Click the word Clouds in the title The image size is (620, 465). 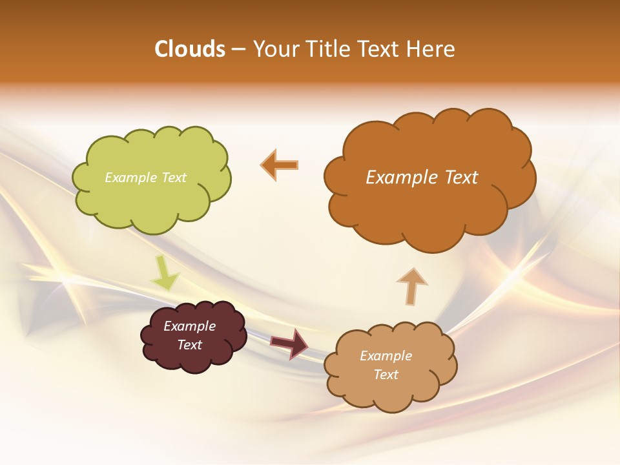coord(190,49)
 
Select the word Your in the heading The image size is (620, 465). coord(275,49)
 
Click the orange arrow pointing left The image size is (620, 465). coord(280,165)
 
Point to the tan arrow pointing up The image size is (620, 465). coord(411,286)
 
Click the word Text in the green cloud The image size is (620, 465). coord(173,178)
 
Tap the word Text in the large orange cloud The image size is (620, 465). coord(461,178)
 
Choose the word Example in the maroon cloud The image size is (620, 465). coord(189,326)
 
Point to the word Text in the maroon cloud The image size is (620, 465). coord(189,345)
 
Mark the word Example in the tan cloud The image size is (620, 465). coord(386,356)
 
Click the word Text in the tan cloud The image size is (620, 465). coord(386,375)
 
